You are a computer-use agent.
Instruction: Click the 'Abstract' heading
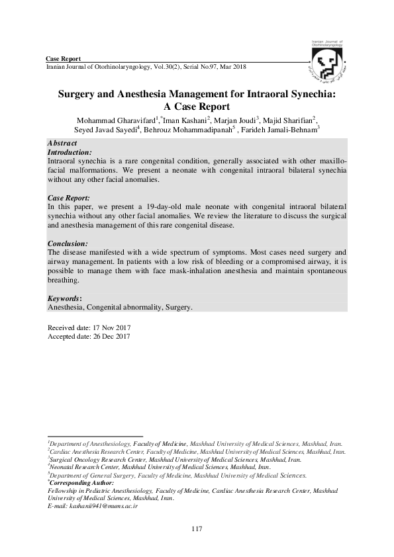62,144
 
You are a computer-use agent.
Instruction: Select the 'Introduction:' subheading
69,151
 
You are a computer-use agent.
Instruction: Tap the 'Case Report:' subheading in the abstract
69,198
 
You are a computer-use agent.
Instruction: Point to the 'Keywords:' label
65,298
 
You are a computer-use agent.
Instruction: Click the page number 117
196,528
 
